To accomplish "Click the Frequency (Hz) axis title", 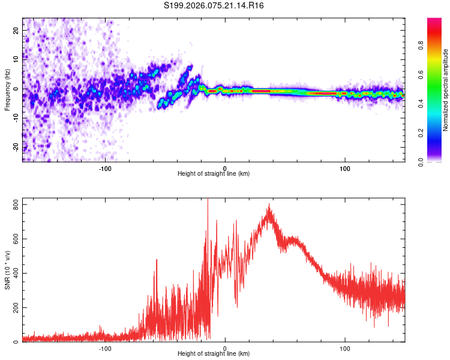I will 8,90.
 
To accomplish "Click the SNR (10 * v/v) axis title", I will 8,269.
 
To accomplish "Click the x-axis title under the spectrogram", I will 214,174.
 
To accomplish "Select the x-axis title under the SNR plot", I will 214,354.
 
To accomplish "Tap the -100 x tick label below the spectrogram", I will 106,168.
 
